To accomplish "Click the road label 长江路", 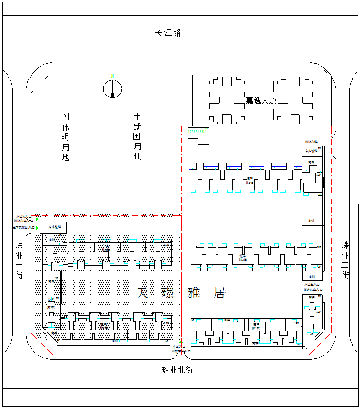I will click(168, 33).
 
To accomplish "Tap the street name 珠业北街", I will click(177, 370).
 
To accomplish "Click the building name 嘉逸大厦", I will click(261, 100).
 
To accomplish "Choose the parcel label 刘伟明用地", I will click(65, 137).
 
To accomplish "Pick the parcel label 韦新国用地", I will click(137, 137).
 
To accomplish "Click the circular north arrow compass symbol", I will click(112, 89).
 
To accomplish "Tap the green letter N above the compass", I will click(112, 76).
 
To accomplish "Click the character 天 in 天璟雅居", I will click(142, 293).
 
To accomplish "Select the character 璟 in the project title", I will click(168, 293).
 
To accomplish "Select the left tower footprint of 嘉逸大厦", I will click(227, 100).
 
